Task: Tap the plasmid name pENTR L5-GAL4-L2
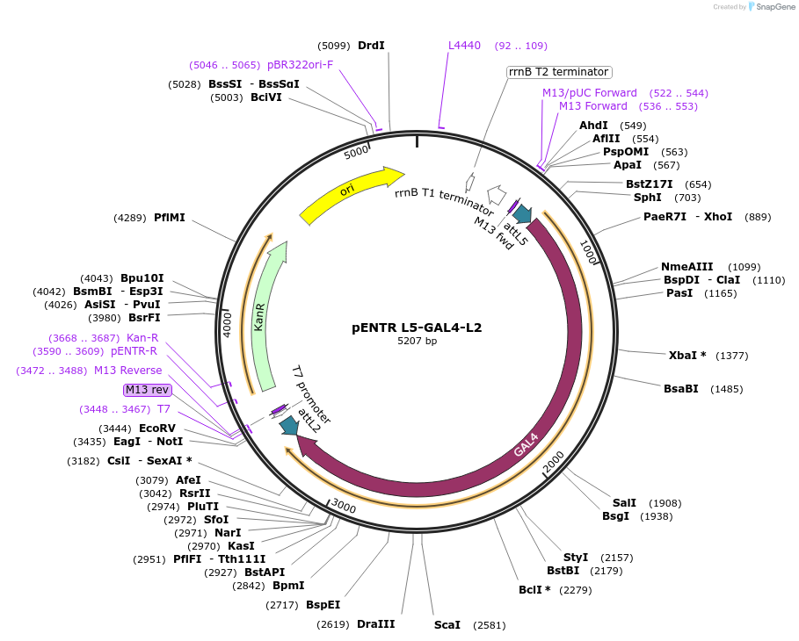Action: pyautogui.click(x=417, y=328)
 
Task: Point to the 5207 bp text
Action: pyautogui.click(x=417, y=341)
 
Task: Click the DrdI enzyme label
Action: pyautogui.click(x=371, y=46)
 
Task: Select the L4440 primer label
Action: pyautogui.click(x=464, y=46)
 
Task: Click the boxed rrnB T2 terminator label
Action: pyautogui.click(x=559, y=72)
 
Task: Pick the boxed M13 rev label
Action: pyautogui.click(x=147, y=390)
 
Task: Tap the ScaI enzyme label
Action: pyautogui.click(x=447, y=625)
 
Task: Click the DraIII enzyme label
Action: pyautogui.click(x=375, y=624)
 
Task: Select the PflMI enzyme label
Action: pyautogui.click(x=170, y=218)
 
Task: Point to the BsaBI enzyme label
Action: pyautogui.click(x=680, y=389)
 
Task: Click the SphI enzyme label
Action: pyautogui.click(x=647, y=198)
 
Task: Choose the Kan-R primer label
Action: pyautogui.click(x=142, y=338)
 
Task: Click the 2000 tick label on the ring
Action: pyautogui.click(x=554, y=460)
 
